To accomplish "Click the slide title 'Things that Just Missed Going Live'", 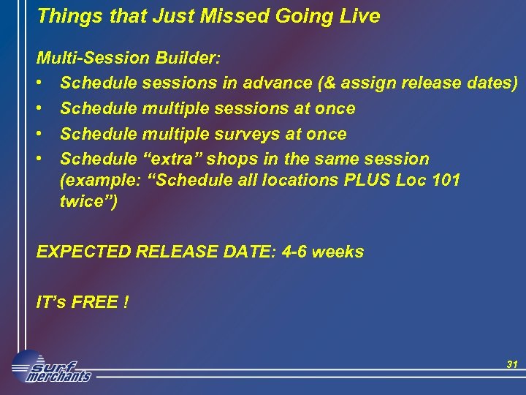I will [x=208, y=16].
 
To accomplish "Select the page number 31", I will [x=511, y=364].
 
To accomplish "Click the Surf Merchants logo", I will [x=51, y=367].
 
